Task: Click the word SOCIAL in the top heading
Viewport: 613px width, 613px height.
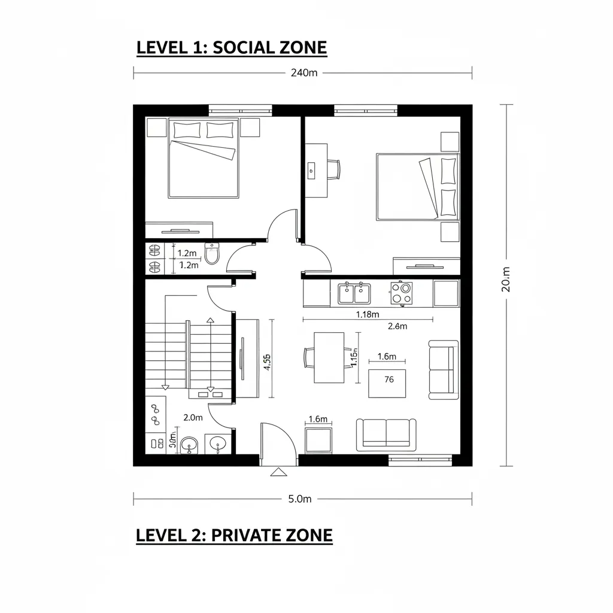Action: tap(242, 48)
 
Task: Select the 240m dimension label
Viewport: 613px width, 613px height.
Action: tap(304, 73)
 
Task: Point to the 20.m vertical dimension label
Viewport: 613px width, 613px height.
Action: tap(506, 280)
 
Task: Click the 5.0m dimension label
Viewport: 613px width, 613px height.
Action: tap(300, 499)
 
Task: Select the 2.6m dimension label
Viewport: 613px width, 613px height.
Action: tap(397, 326)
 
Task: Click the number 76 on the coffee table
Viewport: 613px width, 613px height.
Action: tap(389, 380)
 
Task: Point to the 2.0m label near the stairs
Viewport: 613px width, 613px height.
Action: tap(193, 417)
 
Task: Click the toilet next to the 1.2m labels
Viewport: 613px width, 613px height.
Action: tap(212, 253)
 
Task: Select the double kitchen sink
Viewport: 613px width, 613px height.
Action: tap(354, 293)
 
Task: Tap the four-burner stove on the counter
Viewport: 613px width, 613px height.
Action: tap(401, 293)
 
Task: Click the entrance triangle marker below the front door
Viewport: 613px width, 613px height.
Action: tap(278, 472)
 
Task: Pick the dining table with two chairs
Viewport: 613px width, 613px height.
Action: tap(328, 357)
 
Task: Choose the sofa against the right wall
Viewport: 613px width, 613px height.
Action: tap(444, 370)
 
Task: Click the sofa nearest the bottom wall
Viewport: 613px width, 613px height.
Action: tap(386, 434)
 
